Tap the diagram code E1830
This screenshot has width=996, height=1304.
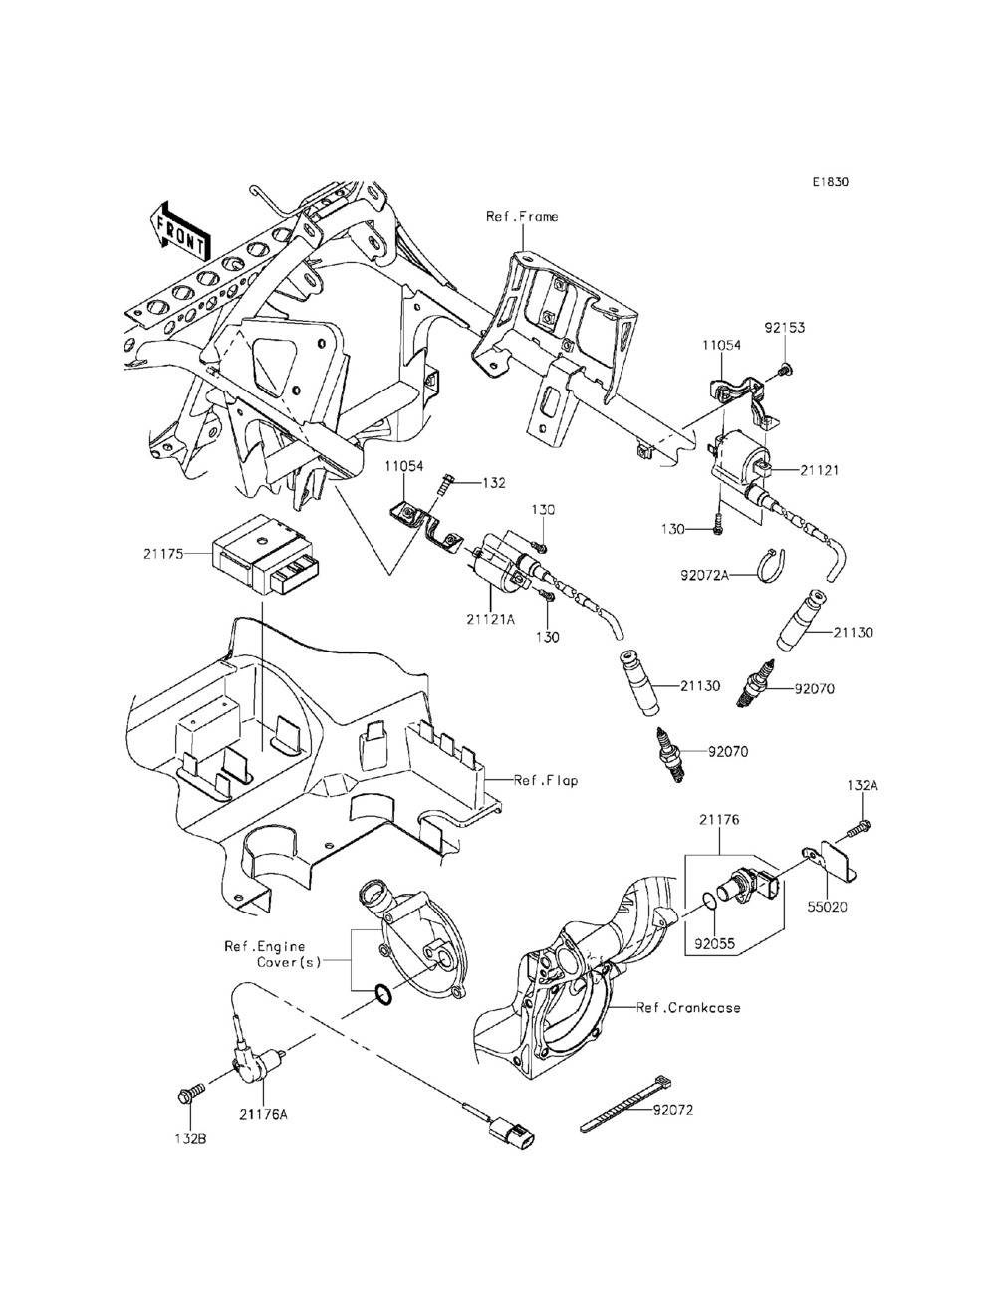[x=831, y=182]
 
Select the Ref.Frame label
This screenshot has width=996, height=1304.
[x=522, y=217]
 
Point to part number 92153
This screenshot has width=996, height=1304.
[x=785, y=328]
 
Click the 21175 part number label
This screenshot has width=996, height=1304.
[x=162, y=554]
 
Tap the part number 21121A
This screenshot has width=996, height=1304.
[x=491, y=619]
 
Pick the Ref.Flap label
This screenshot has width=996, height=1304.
[x=545, y=781]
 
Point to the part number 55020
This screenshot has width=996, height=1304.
[x=828, y=908]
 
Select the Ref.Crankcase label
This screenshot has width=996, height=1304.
[x=689, y=1007]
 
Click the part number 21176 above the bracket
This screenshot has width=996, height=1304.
[x=719, y=819]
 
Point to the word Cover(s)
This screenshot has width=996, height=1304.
[x=289, y=962]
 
